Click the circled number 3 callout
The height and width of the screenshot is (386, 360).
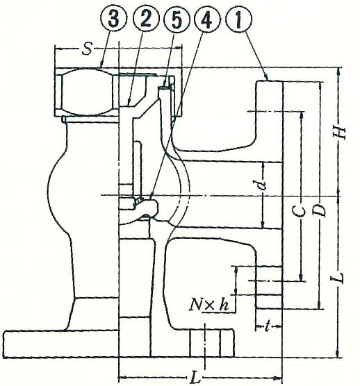(114, 19)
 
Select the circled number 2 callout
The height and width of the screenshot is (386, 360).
(146, 19)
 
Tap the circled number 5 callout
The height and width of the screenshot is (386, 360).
(177, 19)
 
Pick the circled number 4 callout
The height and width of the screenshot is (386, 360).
(206, 19)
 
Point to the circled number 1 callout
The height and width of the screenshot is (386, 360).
(238, 19)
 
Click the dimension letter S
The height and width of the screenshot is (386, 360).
(87, 49)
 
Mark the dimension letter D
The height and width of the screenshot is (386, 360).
(320, 210)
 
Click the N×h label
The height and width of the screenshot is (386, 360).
(209, 305)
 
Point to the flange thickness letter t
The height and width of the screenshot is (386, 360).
(268, 327)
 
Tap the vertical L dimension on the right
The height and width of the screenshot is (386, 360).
(340, 278)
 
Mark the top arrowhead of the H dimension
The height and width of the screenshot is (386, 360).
(339, 71)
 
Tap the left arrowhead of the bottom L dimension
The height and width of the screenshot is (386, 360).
(123, 377)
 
